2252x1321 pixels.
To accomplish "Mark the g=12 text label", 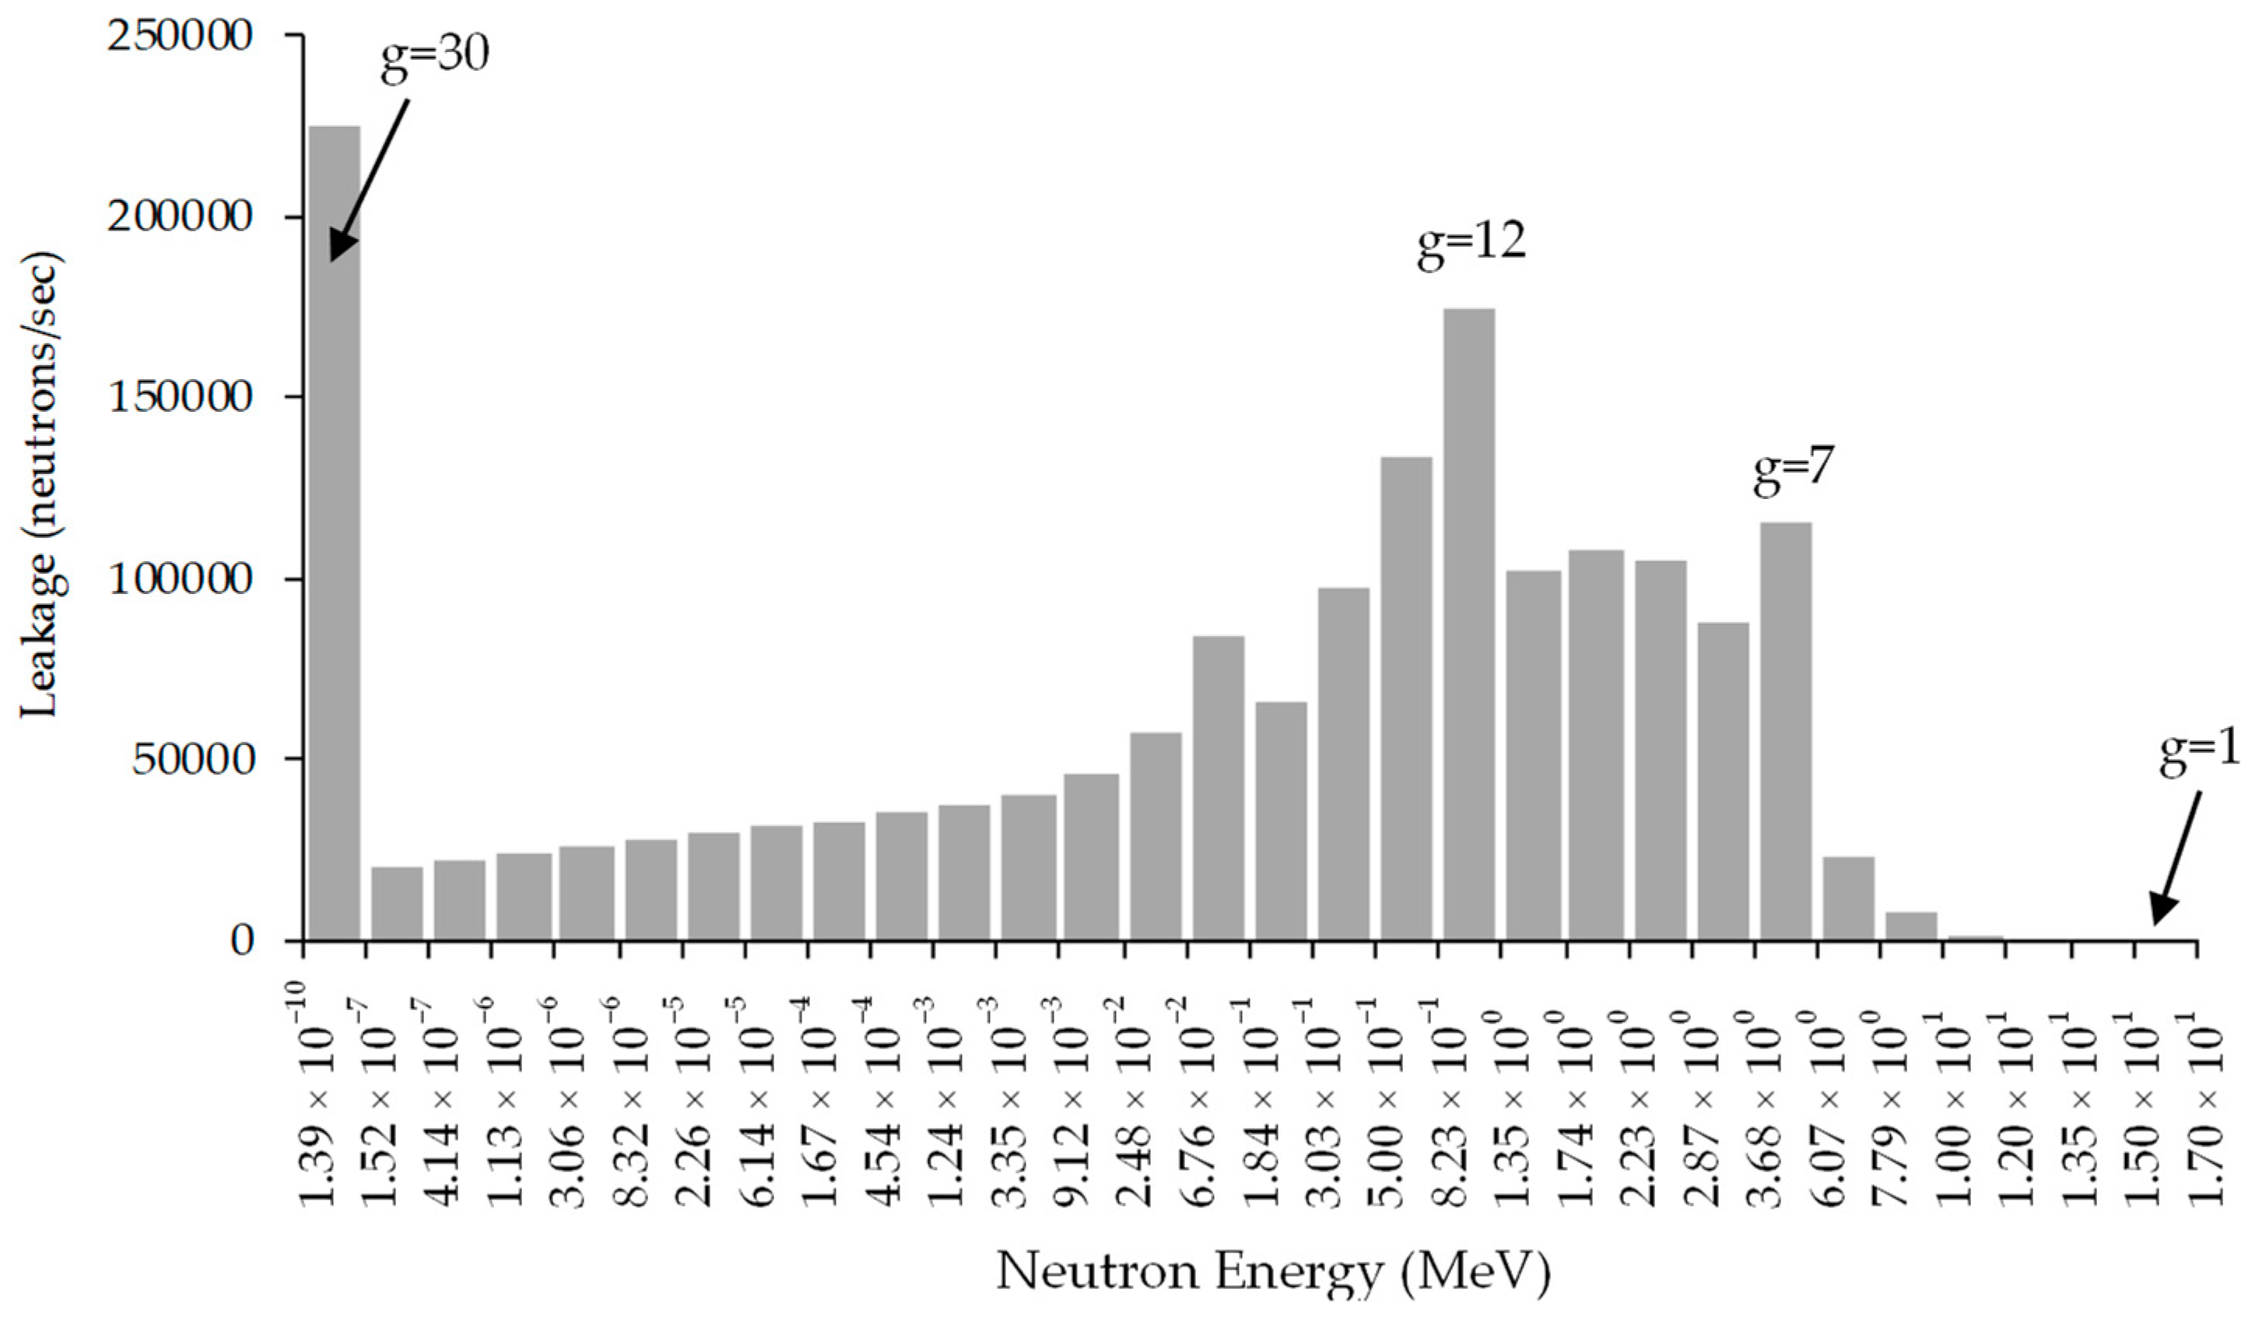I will (1471, 243).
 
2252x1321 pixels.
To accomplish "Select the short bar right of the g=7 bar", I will (1848, 898).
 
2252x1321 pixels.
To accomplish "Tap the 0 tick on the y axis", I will (242, 941).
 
